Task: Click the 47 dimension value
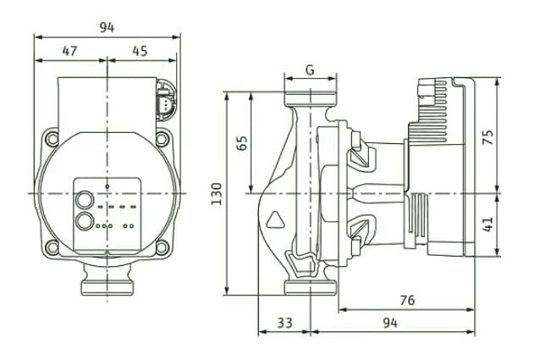(x=69, y=51)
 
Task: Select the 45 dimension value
(x=140, y=51)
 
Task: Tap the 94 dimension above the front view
(x=107, y=27)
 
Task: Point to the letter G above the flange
(x=310, y=70)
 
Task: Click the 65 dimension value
(x=241, y=142)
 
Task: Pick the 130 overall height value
(x=217, y=193)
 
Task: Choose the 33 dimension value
(x=285, y=322)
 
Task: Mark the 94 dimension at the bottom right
(x=389, y=322)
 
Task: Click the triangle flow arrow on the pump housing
(x=277, y=224)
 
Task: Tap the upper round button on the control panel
(x=85, y=202)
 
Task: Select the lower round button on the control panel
(x=85, y=222)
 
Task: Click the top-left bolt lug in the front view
(x=53, y=137)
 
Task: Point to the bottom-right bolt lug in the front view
(x=161, y=246)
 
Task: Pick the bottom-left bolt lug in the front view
(x=53, y=246)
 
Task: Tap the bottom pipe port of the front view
(x=107, y=281)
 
